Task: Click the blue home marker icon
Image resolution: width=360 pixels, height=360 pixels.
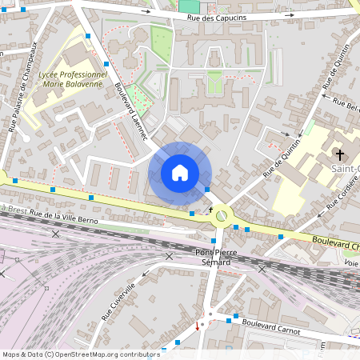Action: point(180,173)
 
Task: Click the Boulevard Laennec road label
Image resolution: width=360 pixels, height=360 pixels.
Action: point(131,112)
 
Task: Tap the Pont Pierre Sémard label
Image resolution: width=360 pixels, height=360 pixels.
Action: point(214,257)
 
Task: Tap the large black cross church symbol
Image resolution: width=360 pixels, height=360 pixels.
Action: point(339,154)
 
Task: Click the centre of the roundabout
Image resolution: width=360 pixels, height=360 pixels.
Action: point(222,214)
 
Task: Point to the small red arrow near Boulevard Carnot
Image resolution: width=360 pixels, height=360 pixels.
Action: point(198,326)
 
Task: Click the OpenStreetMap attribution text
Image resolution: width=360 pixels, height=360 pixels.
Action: point(80,354)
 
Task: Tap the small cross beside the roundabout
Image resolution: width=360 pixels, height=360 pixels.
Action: point(211,209)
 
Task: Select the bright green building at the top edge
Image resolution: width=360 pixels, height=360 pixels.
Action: point(189,6)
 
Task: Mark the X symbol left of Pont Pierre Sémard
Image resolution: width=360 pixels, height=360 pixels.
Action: point(169,256)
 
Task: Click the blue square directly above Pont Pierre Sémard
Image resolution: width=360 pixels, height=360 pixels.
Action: point(214,240)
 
